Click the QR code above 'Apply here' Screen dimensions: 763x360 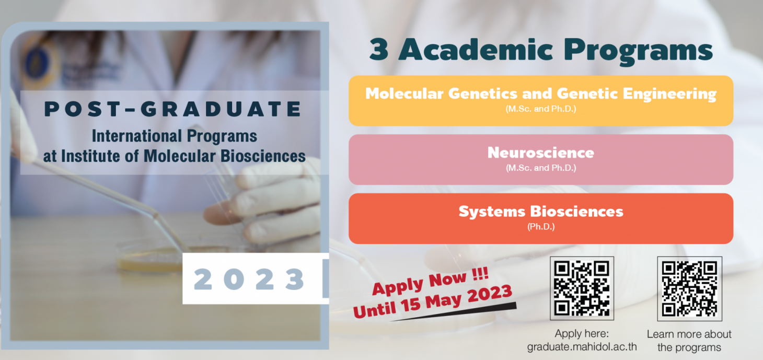582,288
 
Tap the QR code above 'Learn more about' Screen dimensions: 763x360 689,288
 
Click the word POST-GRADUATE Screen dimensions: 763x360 172,109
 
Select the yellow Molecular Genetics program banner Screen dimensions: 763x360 540,100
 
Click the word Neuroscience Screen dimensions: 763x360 540,153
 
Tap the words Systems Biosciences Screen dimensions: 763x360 540,212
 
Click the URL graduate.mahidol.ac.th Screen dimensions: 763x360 582,347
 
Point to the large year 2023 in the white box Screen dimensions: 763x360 249,279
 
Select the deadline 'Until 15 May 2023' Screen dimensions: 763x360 433,301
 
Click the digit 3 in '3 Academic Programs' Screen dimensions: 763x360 379,50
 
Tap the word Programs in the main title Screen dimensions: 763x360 638,51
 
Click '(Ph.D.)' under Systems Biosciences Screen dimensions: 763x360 541,226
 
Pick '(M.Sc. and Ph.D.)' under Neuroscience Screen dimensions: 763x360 541,168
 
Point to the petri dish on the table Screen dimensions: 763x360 150,258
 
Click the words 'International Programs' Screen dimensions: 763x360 175,136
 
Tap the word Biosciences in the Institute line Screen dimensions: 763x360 263,156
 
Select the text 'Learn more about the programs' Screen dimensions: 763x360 689,341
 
